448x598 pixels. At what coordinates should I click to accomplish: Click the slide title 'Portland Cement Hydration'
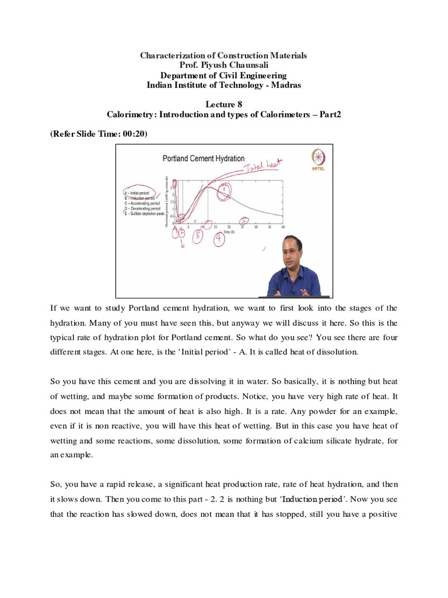point(203,159)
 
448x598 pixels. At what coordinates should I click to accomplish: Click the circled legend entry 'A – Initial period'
point(136,193)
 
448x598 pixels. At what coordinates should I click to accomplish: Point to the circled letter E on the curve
point(224,189)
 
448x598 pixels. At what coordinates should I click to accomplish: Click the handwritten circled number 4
point(219,239)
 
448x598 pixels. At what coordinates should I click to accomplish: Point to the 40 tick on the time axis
point(283,227)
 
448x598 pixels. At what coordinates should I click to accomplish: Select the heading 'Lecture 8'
point(223,104)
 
